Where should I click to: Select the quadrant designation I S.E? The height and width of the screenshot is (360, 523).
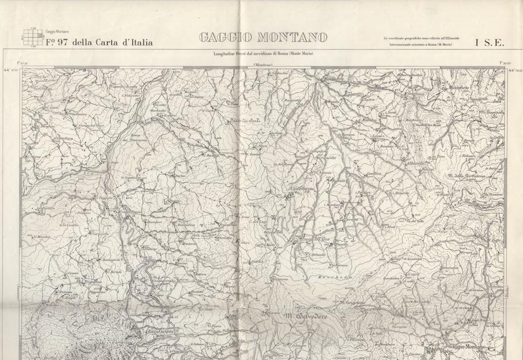coord(490,42)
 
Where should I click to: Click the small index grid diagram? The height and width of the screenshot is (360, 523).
coord(31,38)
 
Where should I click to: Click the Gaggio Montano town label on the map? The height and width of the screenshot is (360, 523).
coord(466,348)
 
